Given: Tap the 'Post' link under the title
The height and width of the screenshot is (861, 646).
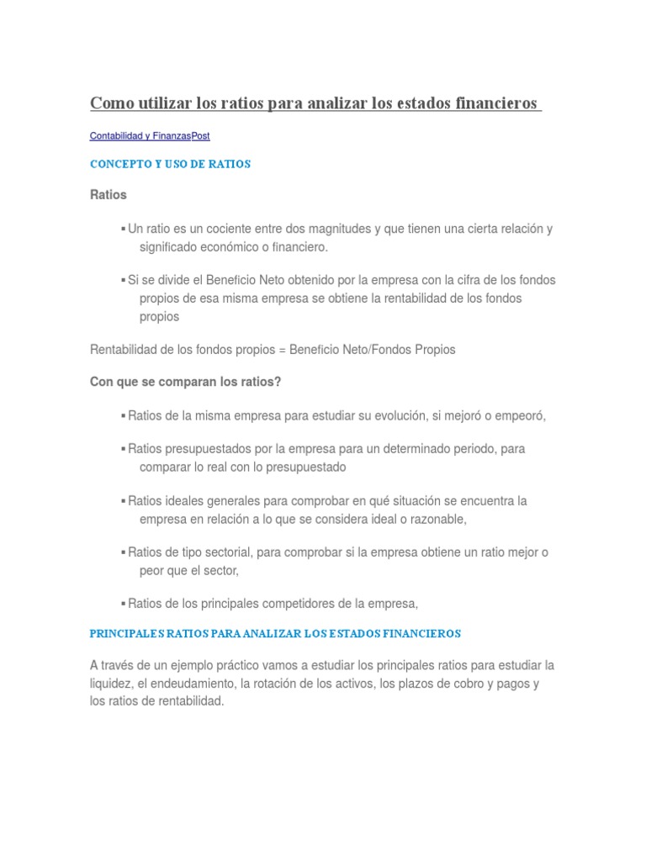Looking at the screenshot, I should (201, 135).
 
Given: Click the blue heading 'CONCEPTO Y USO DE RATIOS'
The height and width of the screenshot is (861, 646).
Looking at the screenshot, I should (170, 165).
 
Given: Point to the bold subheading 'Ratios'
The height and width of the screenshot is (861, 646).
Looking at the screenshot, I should (108, 194).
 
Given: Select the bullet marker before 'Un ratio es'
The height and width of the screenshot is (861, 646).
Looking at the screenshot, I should (123, 229).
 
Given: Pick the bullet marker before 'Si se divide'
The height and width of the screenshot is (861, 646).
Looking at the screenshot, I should (123, 280).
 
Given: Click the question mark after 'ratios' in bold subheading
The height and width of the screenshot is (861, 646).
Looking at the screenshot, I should (278, 382).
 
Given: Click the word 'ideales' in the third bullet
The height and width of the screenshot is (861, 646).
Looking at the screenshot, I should (183, 501).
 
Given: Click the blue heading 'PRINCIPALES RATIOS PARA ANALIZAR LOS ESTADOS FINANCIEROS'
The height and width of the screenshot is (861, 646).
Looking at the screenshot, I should (275, 633).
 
